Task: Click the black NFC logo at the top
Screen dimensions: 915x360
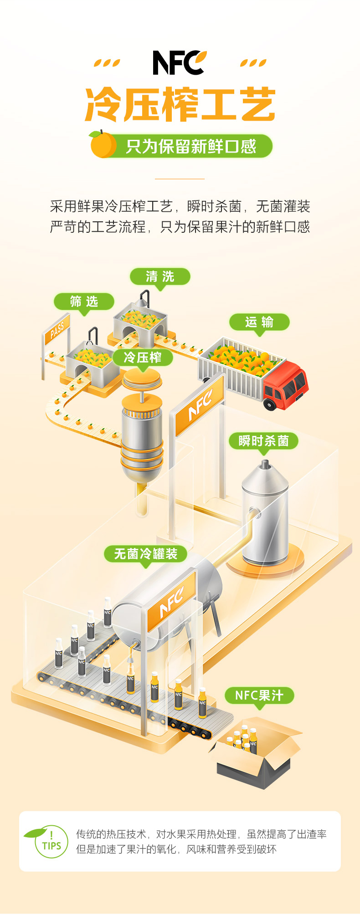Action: coord(179,63)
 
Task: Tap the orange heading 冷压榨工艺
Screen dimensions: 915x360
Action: coord(180,104)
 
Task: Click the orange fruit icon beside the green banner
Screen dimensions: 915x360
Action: coord(103,144)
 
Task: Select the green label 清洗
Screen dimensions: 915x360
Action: coord(160,276)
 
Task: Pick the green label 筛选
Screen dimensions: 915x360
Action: coord(84,301)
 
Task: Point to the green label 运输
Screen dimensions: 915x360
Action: coord(259,322)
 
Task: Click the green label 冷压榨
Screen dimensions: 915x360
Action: coord(143,357)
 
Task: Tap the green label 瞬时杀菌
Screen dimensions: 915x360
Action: coord(263,440)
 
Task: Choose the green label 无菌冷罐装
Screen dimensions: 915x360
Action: coord(145,554)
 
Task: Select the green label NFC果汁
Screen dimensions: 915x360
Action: coord(259,695)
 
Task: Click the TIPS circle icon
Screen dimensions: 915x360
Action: coord(51,842)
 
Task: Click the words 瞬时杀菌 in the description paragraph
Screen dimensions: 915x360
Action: coord(214,206)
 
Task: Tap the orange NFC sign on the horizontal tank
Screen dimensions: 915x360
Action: coord(172,601)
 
